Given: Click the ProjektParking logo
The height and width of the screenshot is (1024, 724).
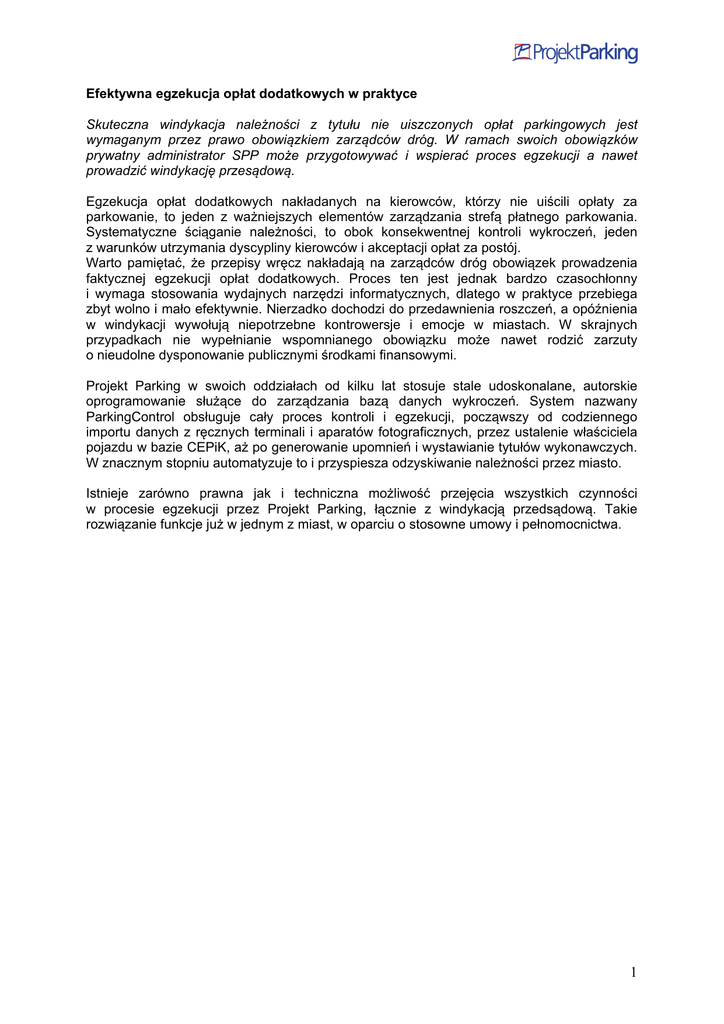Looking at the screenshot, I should [575, 53].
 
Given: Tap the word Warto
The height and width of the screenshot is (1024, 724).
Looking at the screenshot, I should [105, 263].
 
